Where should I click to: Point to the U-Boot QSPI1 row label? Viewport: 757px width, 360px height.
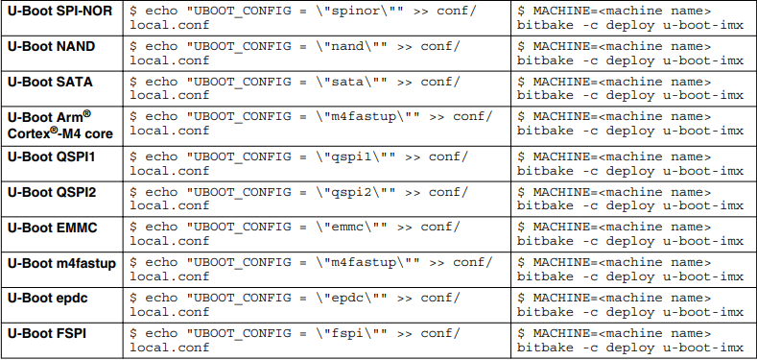coord(51,156)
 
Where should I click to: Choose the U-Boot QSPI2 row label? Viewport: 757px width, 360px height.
coord(51,191)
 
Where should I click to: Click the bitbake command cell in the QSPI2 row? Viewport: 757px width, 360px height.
coord(630,198)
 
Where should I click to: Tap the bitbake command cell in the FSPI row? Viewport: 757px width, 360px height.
coord(630,340)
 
